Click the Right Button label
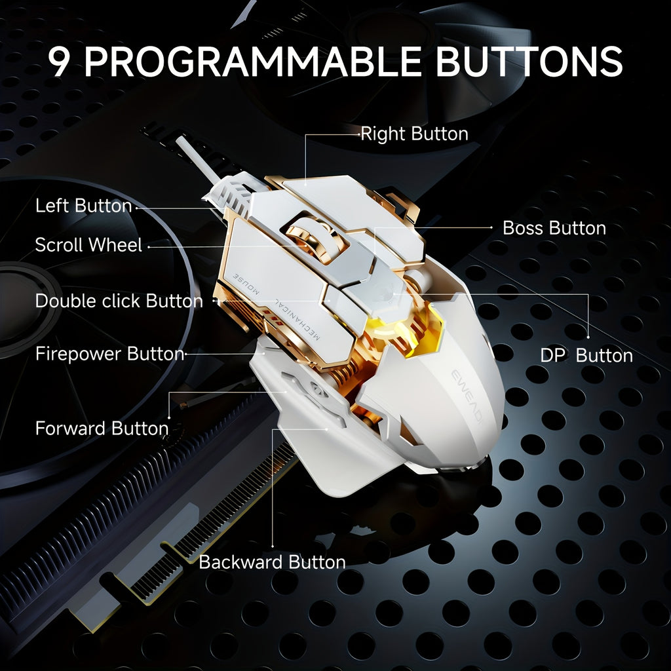tap(414, 134)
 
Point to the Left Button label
tap(83, 206)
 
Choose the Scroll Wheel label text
tap(88, 245)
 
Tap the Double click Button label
tap(119, 301)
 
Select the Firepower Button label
tap(109, 354)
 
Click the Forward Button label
tap(102, 429)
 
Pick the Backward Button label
tap(272, 562)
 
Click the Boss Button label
tap(554, 228)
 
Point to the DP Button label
tap(586, 355)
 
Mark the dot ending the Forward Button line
tap(169, 417)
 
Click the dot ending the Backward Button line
tap(272, 545)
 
